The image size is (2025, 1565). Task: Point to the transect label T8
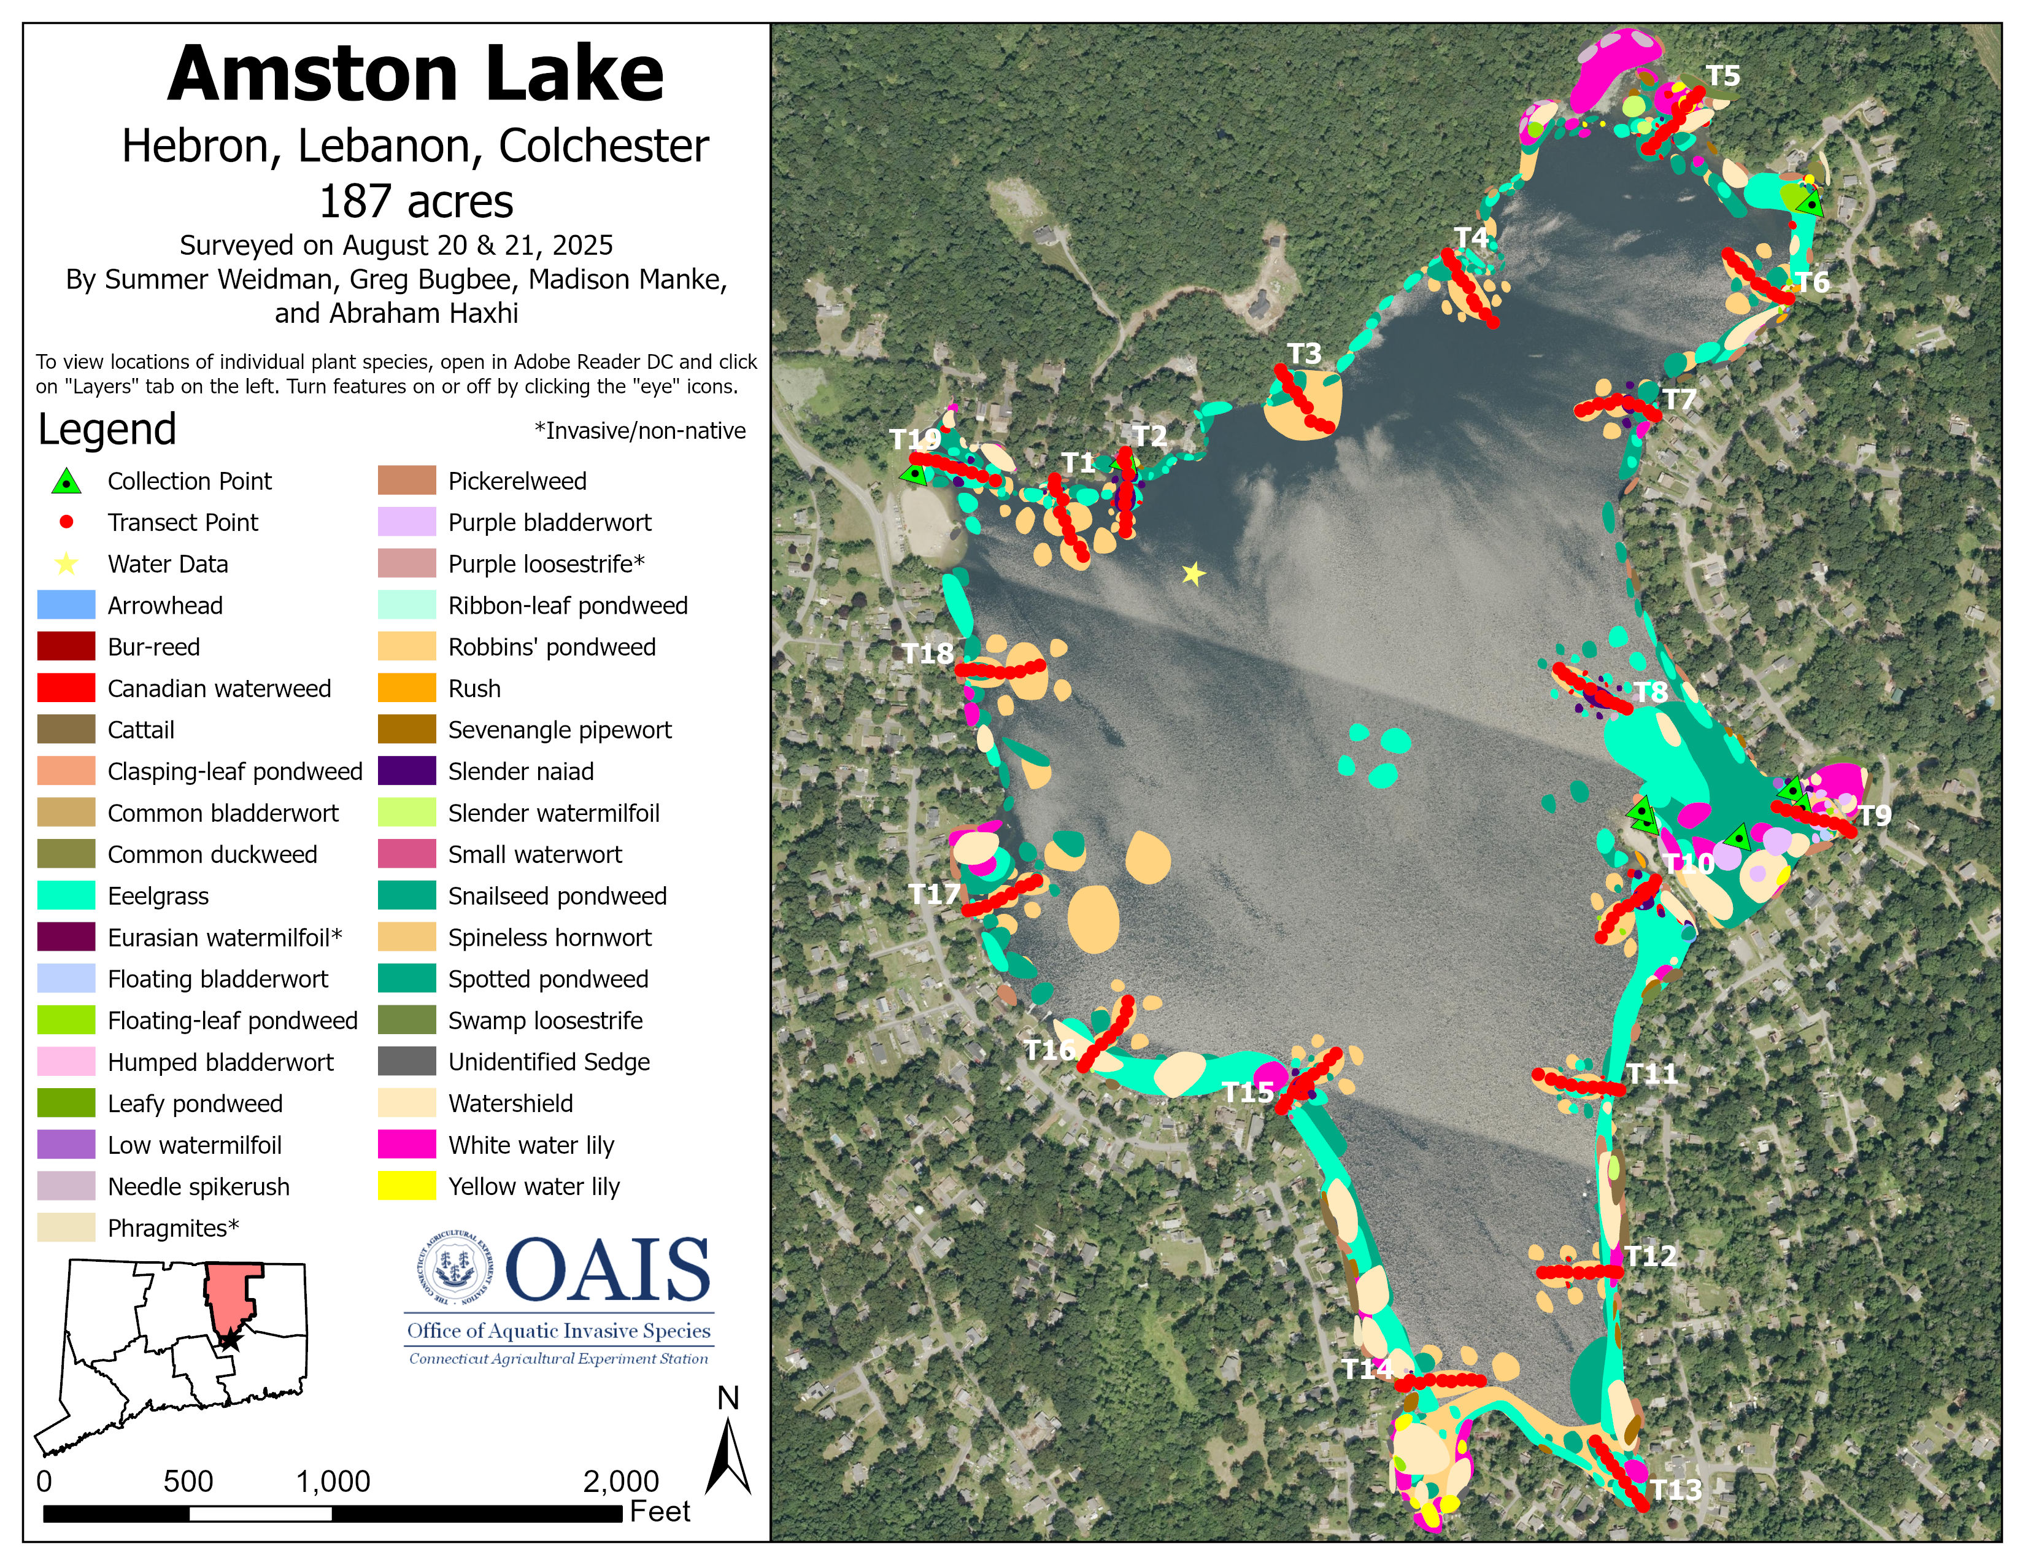tap(1651, 692)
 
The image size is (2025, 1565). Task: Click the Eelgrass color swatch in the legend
tap(66, 895)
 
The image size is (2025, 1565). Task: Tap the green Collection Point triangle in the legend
tap(66, 481)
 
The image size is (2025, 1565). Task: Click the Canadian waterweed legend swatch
tap(66, 688)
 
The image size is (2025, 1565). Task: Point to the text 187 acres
tap(415, 201)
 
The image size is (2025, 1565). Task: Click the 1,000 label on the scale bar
tap(333, 1482)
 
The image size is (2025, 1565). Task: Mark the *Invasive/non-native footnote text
tap(640, 431)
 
